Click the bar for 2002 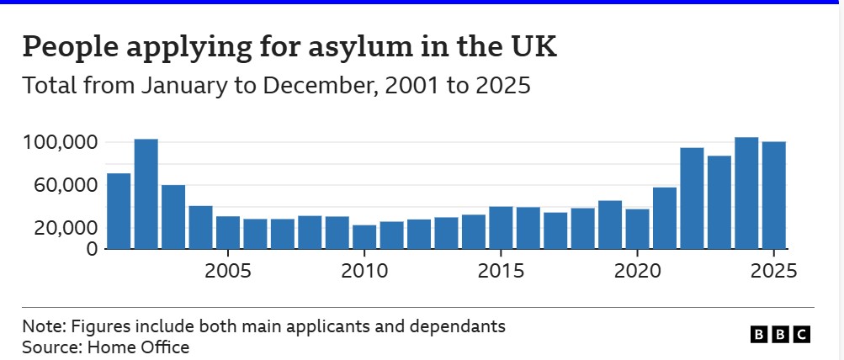click(146, 194)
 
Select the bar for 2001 click(119, 211)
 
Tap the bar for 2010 click(364, 237)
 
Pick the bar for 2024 click(746, 193)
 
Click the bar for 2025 click(774, 195)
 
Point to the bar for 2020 click(638, 229)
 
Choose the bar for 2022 click(692, 199)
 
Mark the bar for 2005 click(228, 233)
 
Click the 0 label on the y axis click(93, 249)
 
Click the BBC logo click(781, 335)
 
